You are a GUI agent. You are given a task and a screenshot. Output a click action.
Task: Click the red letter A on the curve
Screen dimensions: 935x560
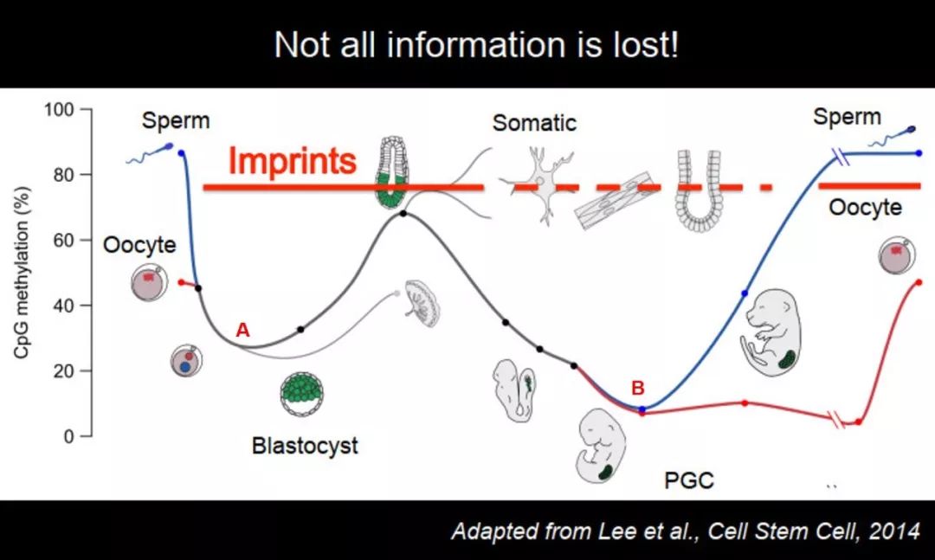(242, 329)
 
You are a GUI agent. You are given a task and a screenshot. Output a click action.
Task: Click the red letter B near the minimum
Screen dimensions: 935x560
(638, 388)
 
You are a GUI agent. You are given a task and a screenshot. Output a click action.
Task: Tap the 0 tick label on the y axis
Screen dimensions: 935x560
(68, 436)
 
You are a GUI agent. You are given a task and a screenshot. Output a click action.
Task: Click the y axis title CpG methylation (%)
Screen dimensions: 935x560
(21, 273)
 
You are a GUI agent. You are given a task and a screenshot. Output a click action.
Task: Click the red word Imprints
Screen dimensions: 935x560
(293, 160)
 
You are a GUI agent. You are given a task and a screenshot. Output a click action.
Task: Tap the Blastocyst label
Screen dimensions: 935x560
(305, 446)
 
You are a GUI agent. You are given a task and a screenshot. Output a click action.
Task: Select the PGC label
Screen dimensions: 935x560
(689, 480)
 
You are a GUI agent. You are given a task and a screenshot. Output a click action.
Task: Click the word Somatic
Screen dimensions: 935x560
(534, 123)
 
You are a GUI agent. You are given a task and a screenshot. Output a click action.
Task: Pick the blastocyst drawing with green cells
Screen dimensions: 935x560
(302, 394)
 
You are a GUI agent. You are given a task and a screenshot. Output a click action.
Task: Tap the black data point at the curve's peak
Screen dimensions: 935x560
(403, 213)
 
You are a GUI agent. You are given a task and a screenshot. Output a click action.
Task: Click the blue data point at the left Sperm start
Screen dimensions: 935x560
(181, 153)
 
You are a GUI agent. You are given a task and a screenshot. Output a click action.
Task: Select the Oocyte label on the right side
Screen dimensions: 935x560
(865, 207)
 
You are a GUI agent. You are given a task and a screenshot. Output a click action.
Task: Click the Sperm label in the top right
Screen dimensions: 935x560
(847, 116)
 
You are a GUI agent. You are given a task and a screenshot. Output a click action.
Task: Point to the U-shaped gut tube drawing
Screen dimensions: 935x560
(699, 190)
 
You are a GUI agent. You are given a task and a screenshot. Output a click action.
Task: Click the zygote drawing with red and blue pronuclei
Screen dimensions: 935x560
(187, 361)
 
